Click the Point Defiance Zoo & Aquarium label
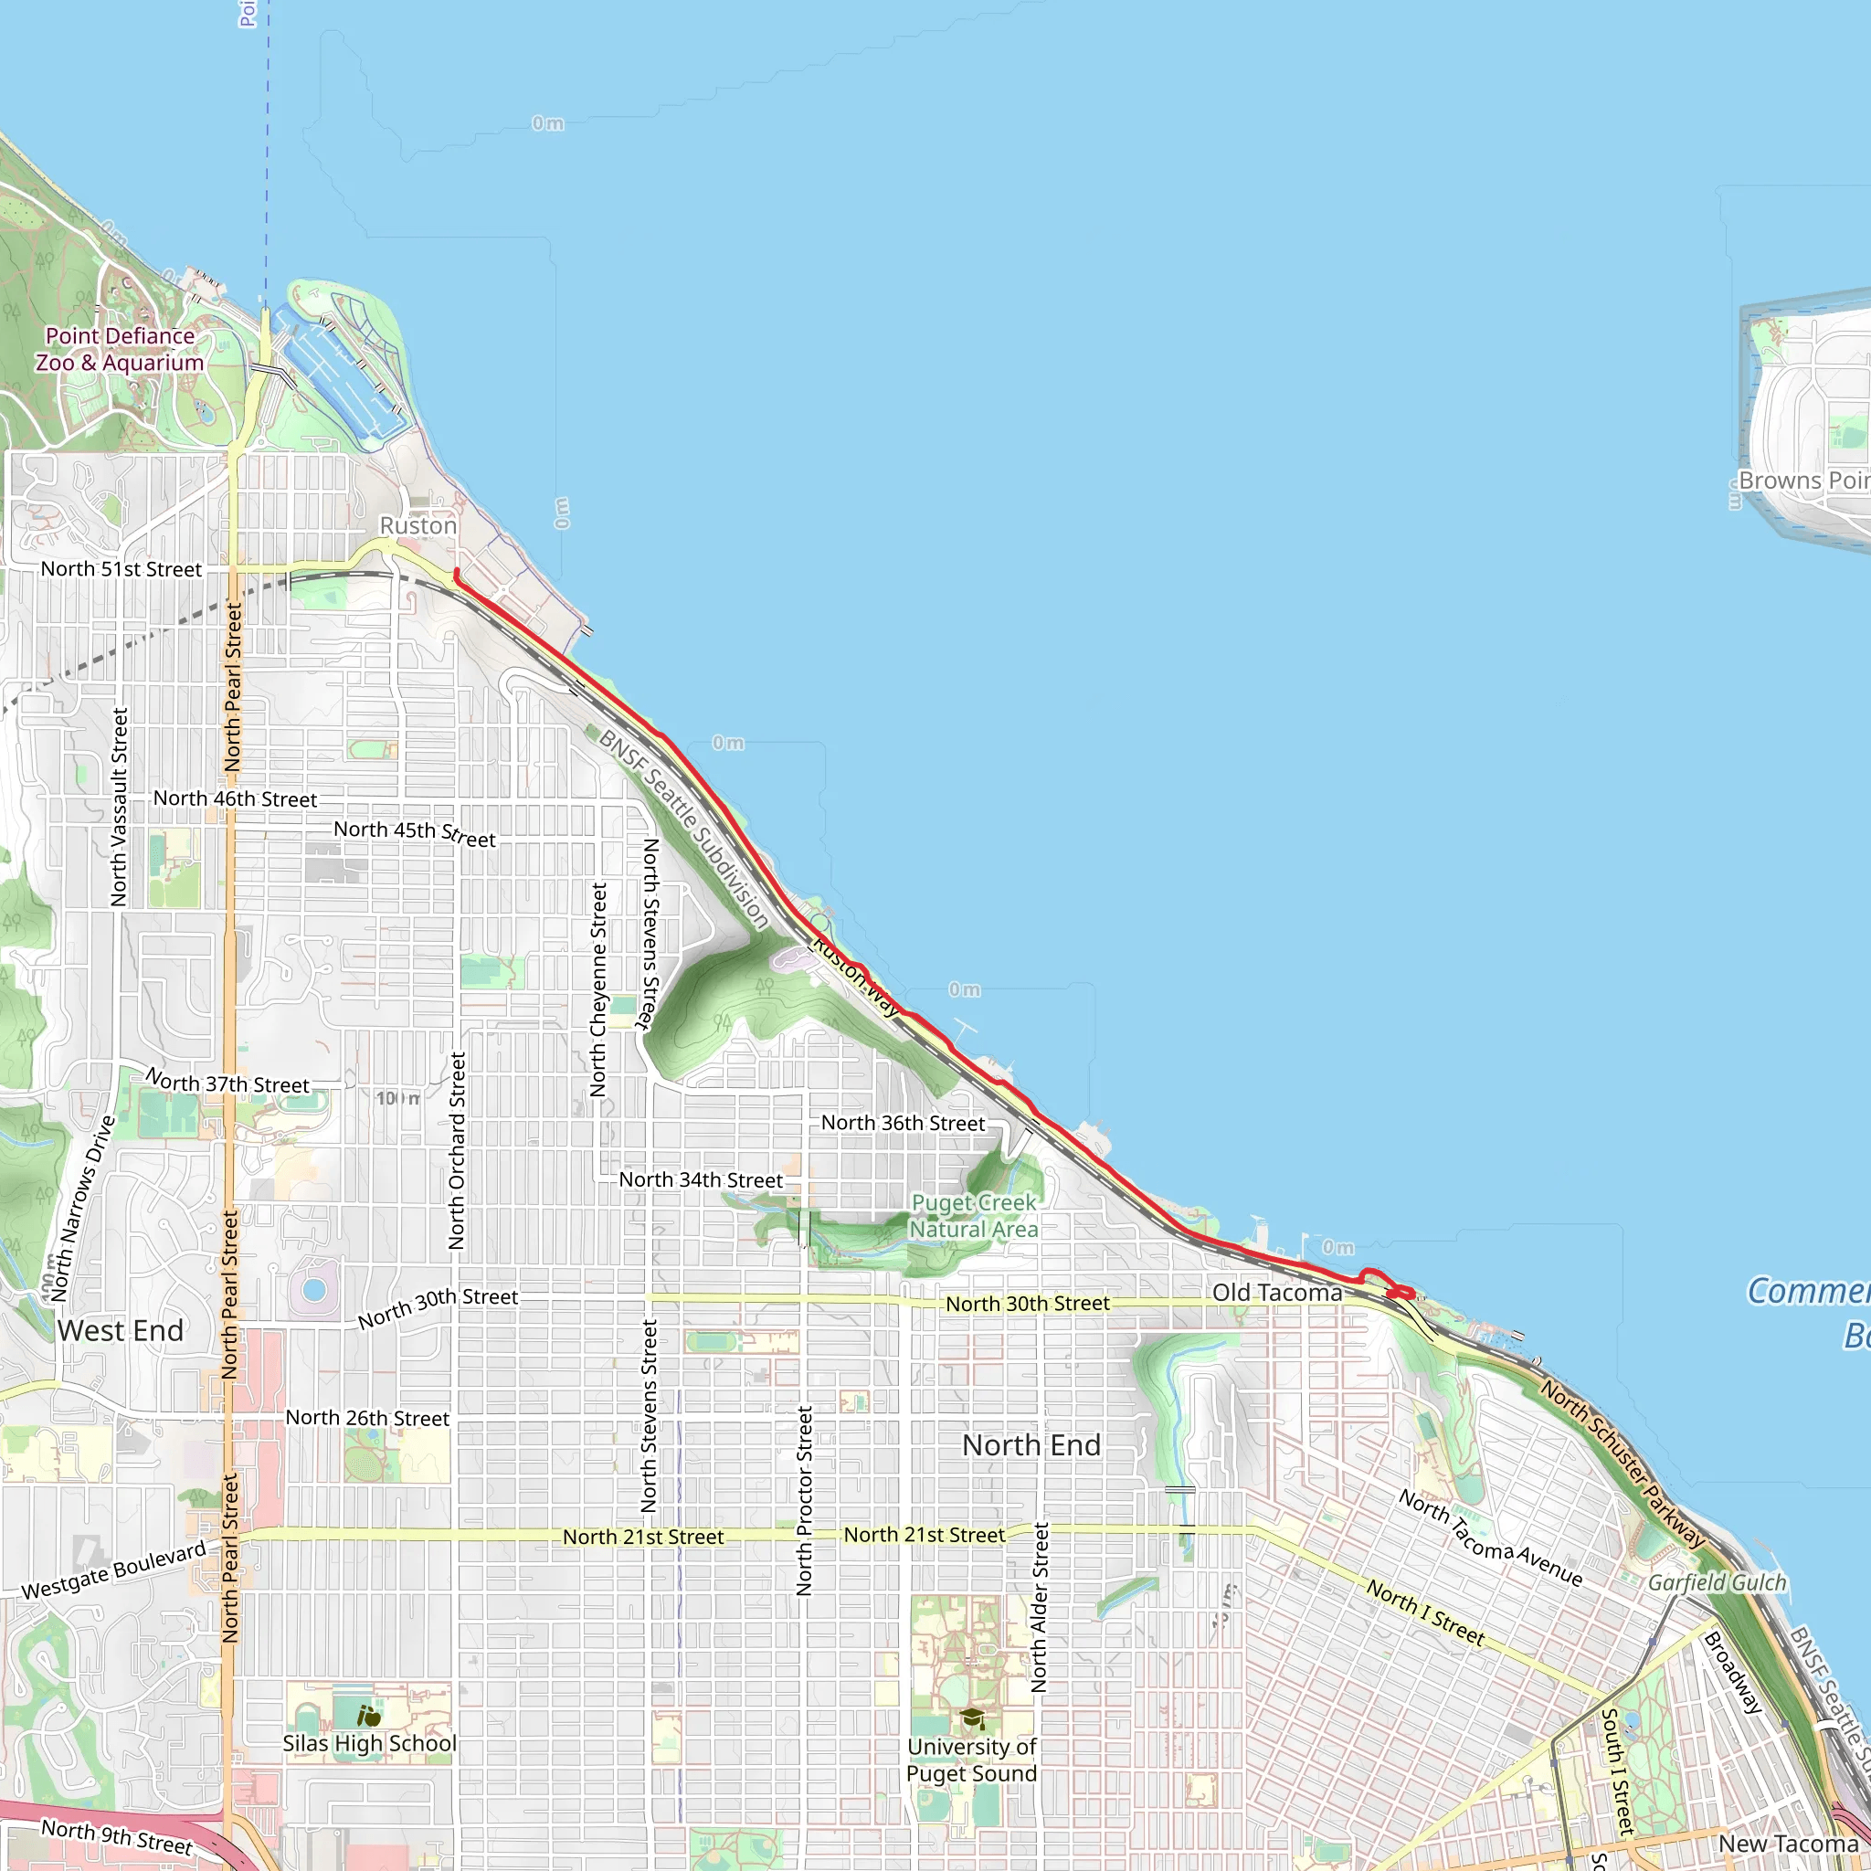pos(120,350)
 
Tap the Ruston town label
pos(418,525)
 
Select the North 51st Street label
pos(122,569)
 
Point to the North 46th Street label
pos(236,799)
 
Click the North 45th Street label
pos(415,834)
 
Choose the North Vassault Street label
pos(119,807)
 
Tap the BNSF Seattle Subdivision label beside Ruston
pos(683,829)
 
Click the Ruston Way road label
pos(855,975)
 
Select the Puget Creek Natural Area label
pos(973,1215)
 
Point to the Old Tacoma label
pos(1277,1293)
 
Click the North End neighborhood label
pos(1031,1446)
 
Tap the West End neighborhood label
pos(120,1330)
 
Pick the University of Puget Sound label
pos(971,1760)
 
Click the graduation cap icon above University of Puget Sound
pos(972,1719)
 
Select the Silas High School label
pos(369,1743)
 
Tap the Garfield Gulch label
pos(1717,1582)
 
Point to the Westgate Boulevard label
pos(114,1569)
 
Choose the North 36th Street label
pos(903,1124)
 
